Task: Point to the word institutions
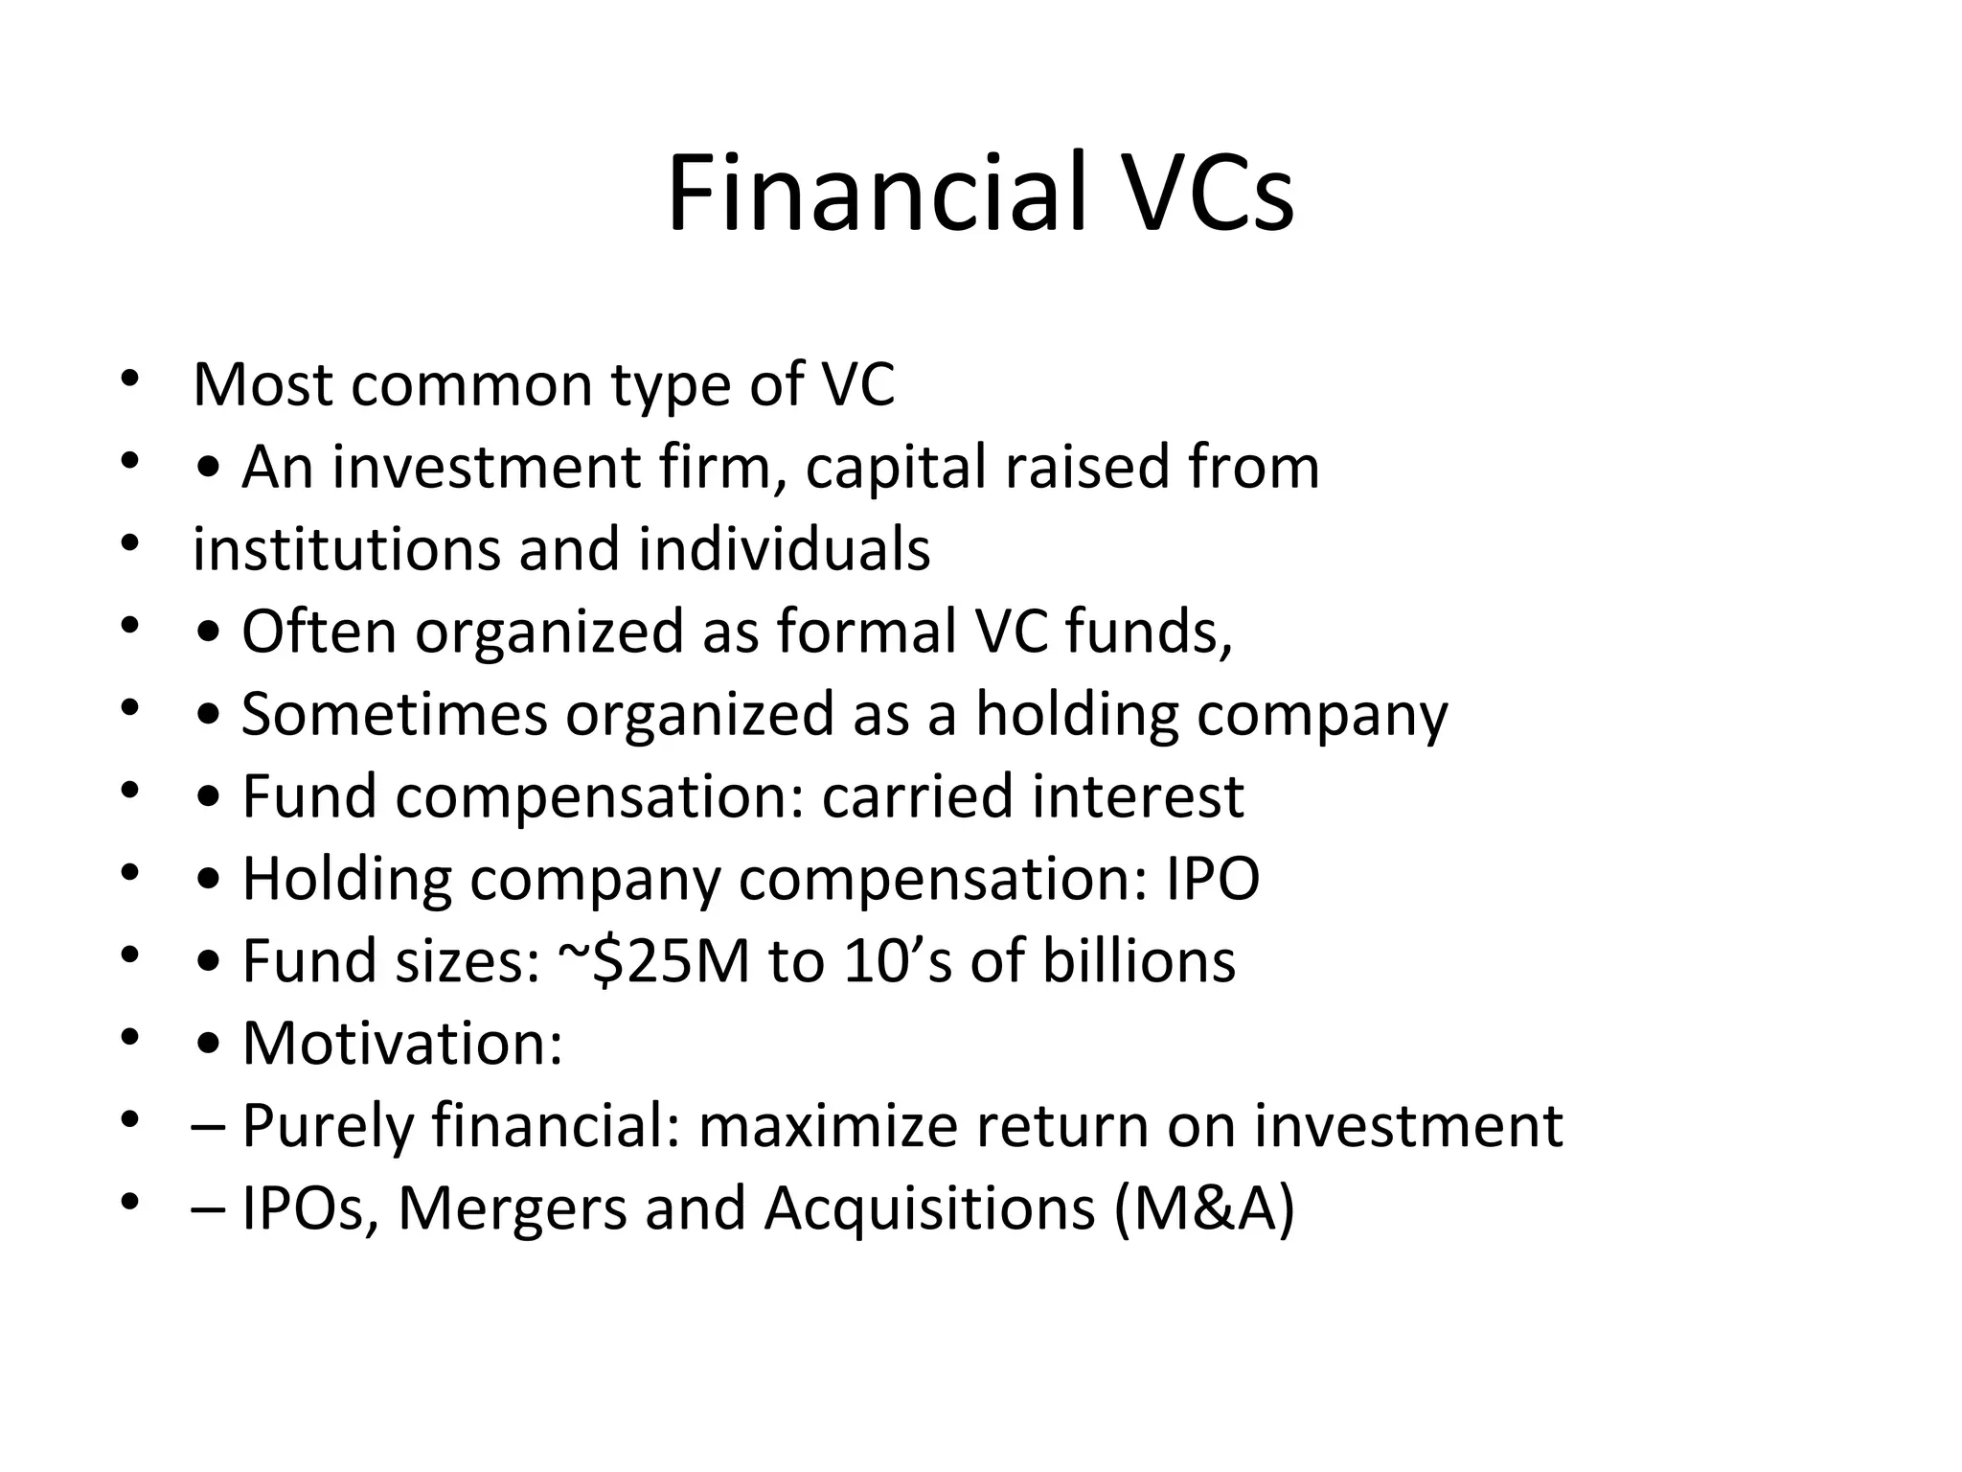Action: tap(346, 550)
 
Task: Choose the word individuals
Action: tap(784, 550)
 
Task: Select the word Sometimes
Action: tap(394, 715)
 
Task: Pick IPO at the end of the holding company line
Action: tap(1212, 880)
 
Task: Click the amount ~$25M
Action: tap(652, 962)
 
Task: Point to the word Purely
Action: tap(327, 1127)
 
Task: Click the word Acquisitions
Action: tap(929, 1209)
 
